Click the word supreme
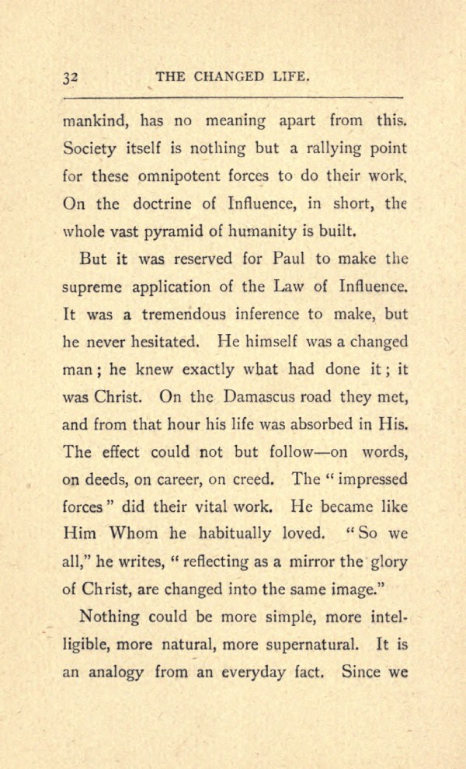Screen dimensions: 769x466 pyautogui.click(x=92, y=287)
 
